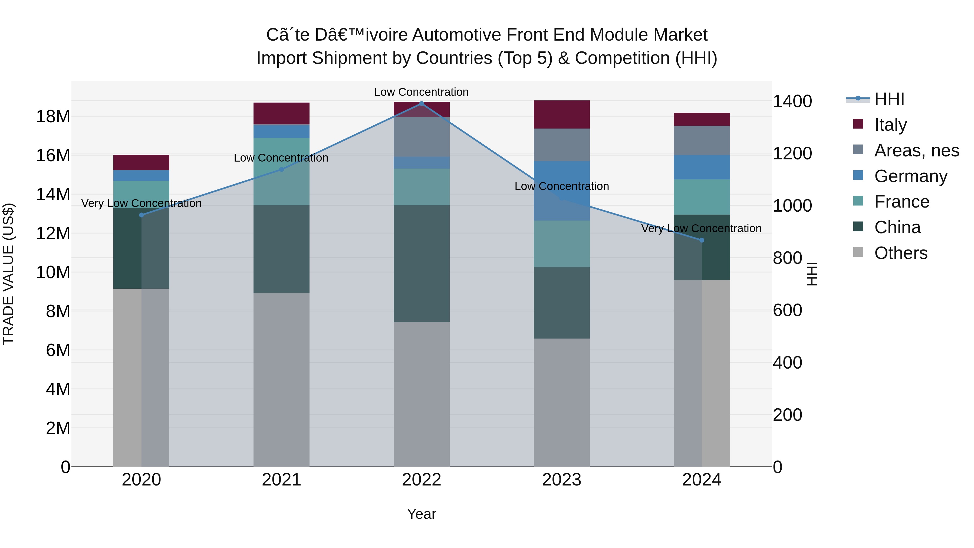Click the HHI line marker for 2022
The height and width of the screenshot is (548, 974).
pyautogui.click(x=422, y=103)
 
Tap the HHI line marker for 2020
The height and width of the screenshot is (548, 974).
pyautogui.click(x=142, y=215)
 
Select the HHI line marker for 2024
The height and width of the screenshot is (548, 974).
pyautogui.click(x=702, y=240)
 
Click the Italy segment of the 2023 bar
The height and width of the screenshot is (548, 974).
pyautogui.click(x=561, y=114)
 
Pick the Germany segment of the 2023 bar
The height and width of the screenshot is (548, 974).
pyautogui.click(x=561, y=191)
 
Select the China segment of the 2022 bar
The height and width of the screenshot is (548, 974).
pyautogui.click(x=422, y=264)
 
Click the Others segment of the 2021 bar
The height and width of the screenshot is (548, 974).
pyautogui.click(x=281, y=380)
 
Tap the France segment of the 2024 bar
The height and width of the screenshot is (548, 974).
pyautogui.click(x=702, y=197)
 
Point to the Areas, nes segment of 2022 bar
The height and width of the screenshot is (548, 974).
pyautogui.click(x=422, y=137)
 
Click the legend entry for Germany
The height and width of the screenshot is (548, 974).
pyautogui.click(x=910, y=176)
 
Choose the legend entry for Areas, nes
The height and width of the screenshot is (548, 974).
pyautogui.click(x=917, y=150)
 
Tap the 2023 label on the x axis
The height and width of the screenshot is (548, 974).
pyautogui.click(x=561, y=480)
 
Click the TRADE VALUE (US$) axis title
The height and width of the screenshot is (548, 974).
pyautogui.click(x=8, y=274)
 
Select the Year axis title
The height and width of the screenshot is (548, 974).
pyautogui.click(x=422, y=514)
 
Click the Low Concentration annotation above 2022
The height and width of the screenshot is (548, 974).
pyautogui.click(x=421, y=92)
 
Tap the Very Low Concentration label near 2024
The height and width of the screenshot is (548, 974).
pyautogui.click(x=701, y=228)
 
